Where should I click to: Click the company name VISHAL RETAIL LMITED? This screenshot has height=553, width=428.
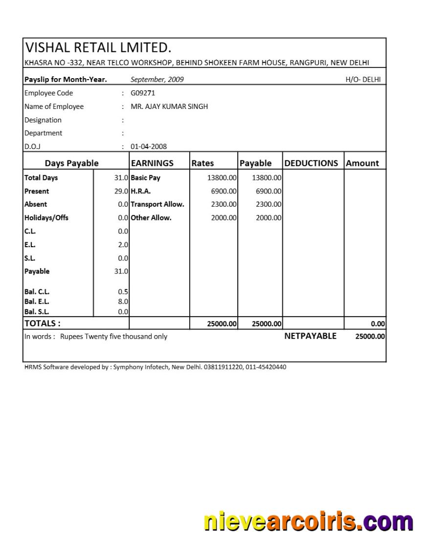98,48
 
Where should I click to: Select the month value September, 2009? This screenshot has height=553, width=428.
157,80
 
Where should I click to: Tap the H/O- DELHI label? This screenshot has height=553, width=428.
363,80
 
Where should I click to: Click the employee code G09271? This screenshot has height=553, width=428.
142,93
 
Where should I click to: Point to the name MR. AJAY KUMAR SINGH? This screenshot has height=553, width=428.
169,106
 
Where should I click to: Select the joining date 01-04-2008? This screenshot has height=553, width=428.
149,147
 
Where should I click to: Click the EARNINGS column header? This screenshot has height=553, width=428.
152,163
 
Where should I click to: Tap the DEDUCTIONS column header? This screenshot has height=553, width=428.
311,163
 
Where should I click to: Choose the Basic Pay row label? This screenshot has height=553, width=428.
145,178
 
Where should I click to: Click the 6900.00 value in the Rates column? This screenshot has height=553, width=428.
224,191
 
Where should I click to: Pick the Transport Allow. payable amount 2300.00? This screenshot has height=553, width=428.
269,205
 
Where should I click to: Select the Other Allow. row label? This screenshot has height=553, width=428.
151,218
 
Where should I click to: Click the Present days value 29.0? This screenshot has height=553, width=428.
121,191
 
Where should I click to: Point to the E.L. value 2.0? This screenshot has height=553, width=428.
123,245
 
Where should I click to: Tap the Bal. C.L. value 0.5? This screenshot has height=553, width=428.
123,292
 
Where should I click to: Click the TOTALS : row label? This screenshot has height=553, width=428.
43,323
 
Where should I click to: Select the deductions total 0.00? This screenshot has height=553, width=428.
378,324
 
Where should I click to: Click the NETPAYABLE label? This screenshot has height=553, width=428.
310,336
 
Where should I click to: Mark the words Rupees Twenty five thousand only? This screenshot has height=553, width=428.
113,337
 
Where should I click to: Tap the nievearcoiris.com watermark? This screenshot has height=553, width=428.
308,522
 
